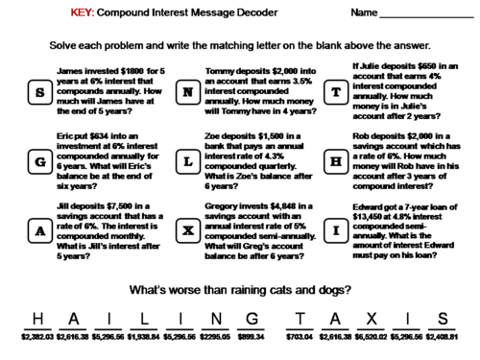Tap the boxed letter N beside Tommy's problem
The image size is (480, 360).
tap(188, 93)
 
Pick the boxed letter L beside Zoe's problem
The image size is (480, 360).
tap(188, 162)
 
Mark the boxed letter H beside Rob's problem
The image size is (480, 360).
tap(335, 162)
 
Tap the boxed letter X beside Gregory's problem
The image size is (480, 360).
tap(188, 230)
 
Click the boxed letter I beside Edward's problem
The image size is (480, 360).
tap(335, 230)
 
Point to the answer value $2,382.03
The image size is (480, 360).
tap(37, 339)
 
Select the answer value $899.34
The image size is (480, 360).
tap(249, 339)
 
